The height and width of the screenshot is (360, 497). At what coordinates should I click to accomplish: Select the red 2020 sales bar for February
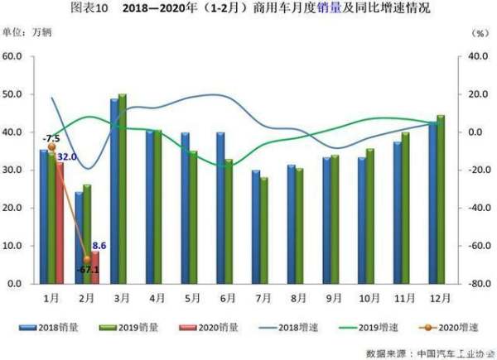tap(94, 267)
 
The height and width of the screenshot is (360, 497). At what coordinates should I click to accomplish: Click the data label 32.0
tap(67, 156)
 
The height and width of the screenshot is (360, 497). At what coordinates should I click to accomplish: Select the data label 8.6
tap(98, 245)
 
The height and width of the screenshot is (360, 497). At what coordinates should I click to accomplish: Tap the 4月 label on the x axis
tap(155, 295)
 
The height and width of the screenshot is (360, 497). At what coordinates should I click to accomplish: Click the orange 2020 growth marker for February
tap(88, 259)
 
